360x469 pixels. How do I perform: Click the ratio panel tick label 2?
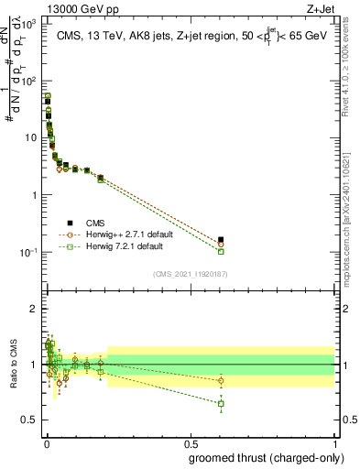coord(33,309)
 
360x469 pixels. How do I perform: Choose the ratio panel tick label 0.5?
coord(29,420)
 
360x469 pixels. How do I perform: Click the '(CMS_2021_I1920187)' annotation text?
coord(190,273)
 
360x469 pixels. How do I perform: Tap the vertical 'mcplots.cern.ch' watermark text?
coord(351,211)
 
